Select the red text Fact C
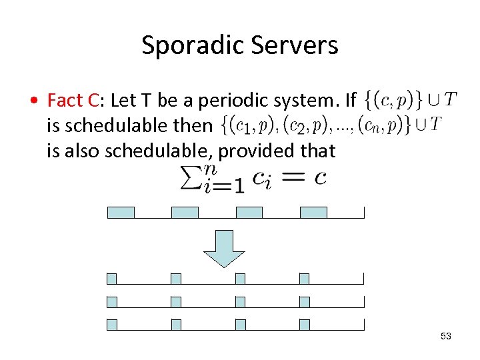click(73, 101)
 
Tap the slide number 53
click(446, 336)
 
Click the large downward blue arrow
click(224, 248)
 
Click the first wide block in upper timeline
click(121, 213)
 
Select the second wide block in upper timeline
click(185, 213)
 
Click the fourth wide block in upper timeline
click(313, 213)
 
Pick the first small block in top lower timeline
click(111, 279)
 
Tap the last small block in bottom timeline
click(304, 325)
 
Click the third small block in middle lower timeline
click(240, 302)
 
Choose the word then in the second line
click(195, 125)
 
